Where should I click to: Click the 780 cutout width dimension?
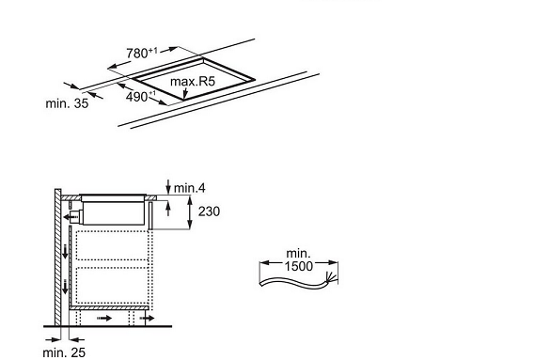click(x=142, y=53)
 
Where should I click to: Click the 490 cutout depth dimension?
click(x=140, y=97)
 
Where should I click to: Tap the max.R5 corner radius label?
click(x=192, y=82)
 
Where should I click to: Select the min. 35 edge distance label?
click(x=67, y=103)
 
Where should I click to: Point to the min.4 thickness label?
click(x=190, y=188)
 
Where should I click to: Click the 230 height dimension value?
click(x=209, y=211)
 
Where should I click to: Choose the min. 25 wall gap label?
click(x=64, y=352)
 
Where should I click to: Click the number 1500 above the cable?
click(x=298, y=266)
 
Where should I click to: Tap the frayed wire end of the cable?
click(x=332, y=277)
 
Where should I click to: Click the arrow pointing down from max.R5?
click(x=185, y=92)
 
